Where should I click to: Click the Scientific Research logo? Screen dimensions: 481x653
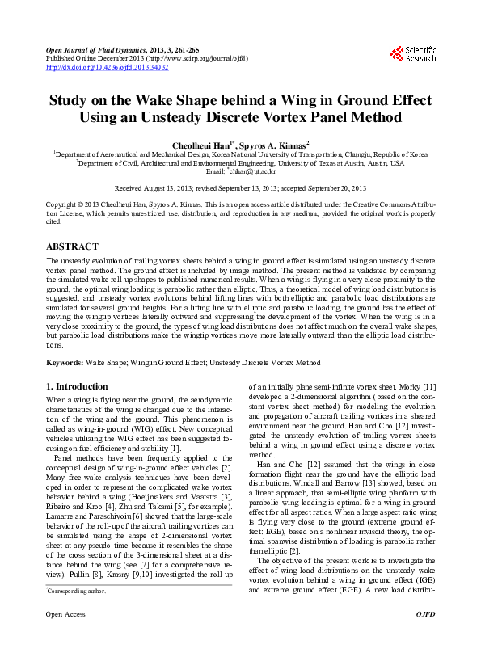412,54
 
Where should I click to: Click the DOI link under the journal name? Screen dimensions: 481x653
108,67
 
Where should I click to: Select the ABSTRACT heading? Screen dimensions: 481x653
72,246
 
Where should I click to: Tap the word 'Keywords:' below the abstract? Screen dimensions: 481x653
65,363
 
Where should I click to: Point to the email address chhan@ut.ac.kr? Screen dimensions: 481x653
252,171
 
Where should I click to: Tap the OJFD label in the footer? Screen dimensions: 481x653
425,638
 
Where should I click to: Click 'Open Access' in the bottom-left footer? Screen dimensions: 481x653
65,638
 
